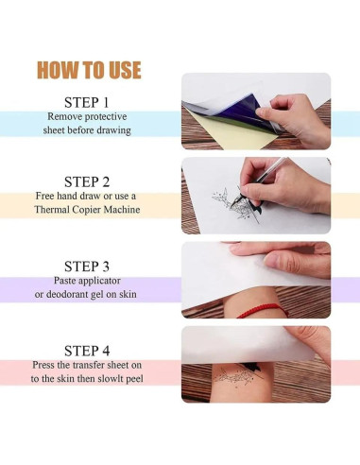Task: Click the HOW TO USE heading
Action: point(89,70)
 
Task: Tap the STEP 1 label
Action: point(87,102)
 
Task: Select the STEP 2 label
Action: point(87,181)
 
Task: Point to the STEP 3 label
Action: point(87,267)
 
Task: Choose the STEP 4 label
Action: point(87,351)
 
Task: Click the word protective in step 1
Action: point(106,117)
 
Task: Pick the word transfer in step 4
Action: point(89,365)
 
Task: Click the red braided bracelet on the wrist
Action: point(263,310)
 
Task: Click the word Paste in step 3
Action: point(63,280)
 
